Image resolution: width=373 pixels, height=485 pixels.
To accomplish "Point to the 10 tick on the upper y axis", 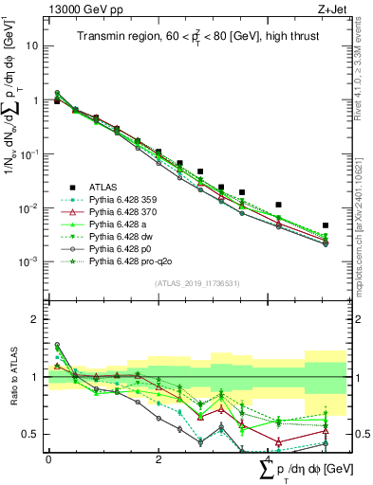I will pyautogui.click(x=32, y=45).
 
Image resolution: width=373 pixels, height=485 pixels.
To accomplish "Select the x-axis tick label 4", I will pyautogui.click(x=269, y=458).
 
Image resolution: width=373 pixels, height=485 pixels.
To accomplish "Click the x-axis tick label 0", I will pyautogui.click(x=48, y=458).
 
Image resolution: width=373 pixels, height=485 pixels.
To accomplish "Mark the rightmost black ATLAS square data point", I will pyautogui.click(x=326, y=225).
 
